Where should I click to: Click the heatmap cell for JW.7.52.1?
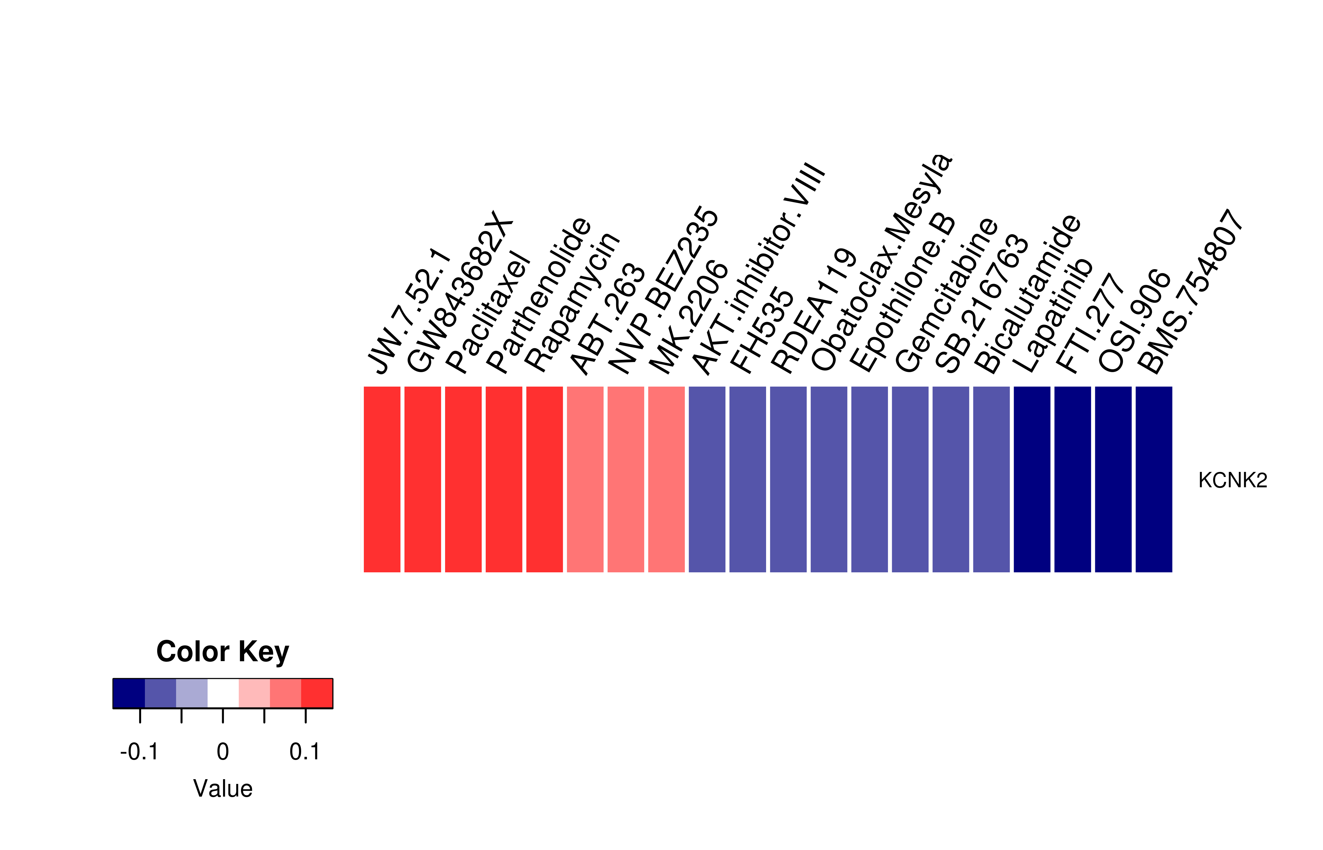[382, 479]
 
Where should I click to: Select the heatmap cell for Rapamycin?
[544, 479]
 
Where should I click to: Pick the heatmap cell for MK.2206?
[667, 479]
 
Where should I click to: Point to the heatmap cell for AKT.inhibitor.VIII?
[707, 479]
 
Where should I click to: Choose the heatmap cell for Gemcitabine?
[910, 479]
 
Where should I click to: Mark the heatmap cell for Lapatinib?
[1032, 479]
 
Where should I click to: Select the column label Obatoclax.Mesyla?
[881, 262]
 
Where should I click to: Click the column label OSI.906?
[1134, 321]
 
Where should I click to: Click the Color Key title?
[222, 652]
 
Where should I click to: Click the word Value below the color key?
[222, 789]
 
